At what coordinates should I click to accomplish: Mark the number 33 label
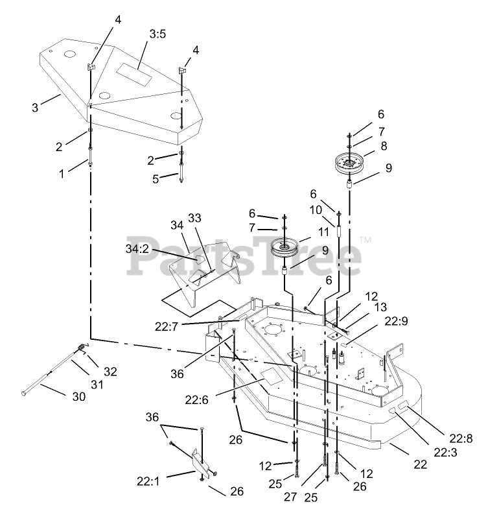(196, 218)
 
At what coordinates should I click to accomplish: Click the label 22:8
(461, 439)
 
